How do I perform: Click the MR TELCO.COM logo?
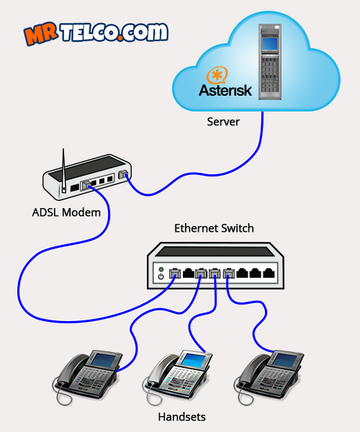coord(96,33)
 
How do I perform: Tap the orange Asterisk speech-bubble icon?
coord(217,75)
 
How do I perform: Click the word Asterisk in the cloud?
coord(225,91)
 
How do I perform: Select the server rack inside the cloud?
coord(270,62)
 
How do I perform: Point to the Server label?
coord(223,122)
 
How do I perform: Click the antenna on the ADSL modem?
coord(63,170)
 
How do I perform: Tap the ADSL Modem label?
coord(66,212)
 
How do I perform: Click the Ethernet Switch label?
coord(214,228)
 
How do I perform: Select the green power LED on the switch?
coord(161,269)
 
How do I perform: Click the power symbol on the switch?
coord(161,276)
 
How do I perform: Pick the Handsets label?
coord(181,417)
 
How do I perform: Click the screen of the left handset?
coord(104,360)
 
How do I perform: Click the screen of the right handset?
coord(285,360)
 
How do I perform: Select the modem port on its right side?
coord(123,174)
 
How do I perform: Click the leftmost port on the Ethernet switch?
coord(174,274)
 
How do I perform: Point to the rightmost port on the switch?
coord(269,273)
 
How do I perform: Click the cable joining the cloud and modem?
coord(202,174)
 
